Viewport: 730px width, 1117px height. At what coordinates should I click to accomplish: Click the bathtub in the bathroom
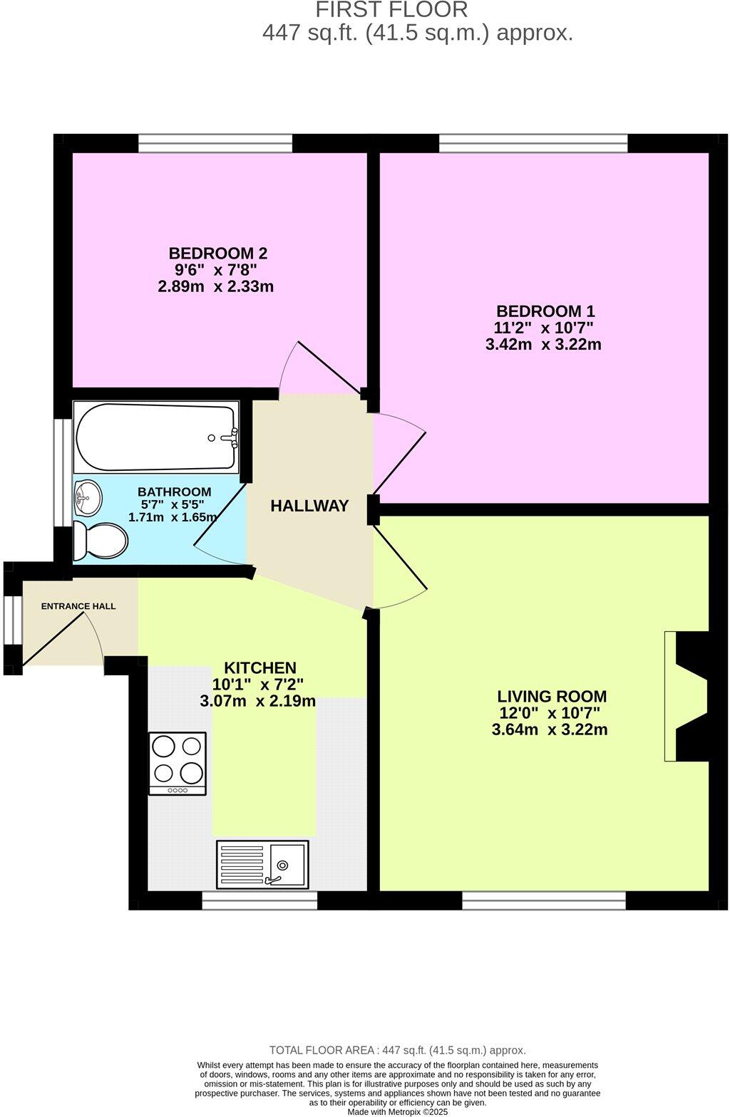pos(155,437)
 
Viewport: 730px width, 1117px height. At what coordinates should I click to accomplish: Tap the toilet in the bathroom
pos(101,541)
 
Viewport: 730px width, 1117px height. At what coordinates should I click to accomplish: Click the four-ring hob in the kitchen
pos(178,763)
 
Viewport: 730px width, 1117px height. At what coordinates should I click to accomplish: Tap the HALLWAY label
pos(309,506)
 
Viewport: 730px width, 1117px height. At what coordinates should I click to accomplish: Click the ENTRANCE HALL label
pos(78,607)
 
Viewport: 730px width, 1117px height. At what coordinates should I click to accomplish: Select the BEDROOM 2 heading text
pos(217,253)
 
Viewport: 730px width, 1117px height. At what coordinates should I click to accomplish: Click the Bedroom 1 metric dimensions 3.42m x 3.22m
pos(543,345)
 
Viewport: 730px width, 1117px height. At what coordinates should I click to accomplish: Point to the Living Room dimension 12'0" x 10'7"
pos(550,713)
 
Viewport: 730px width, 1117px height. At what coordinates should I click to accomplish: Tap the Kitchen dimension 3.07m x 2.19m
pos(258,701)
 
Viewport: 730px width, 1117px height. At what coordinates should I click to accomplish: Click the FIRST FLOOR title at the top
pos(391,10)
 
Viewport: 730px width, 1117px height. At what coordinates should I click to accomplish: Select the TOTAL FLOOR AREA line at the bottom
pos(397,1050)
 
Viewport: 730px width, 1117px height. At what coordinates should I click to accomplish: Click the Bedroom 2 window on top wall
pos(215,143)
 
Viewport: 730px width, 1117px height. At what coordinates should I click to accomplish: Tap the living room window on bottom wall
pos(544,901)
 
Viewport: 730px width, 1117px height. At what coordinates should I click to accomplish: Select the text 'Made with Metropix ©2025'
pos(398,1111)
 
